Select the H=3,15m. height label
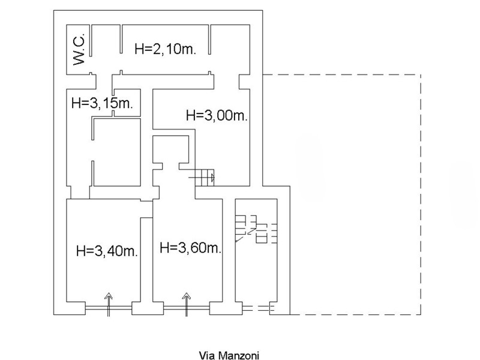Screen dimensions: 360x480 pos(101,103)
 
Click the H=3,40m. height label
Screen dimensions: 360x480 pos(107,251)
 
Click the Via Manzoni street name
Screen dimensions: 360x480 pos(229,355)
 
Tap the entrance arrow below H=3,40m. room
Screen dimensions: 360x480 pos(109,302)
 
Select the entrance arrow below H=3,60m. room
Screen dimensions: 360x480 pos(186,302)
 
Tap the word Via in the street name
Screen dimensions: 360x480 pos(205,355)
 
